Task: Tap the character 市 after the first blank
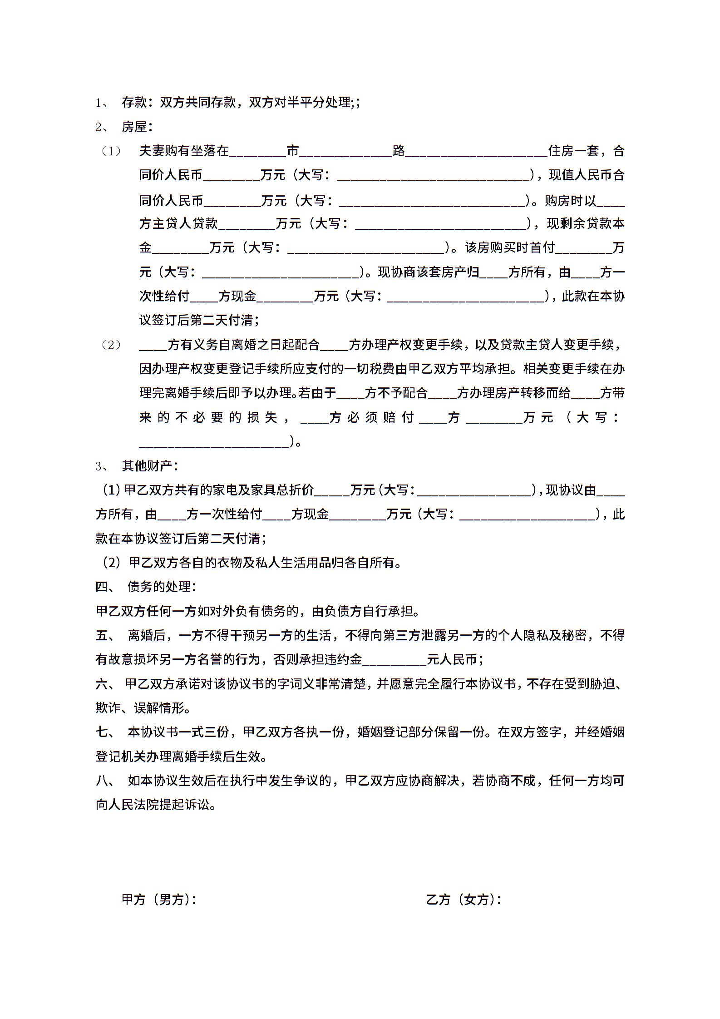tap(293, 151)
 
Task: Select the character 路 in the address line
tap(399, 151)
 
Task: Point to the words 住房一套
tap(574, 151)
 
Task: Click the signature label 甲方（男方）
tap(159, 899)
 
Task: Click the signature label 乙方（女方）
tap(464, 899)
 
